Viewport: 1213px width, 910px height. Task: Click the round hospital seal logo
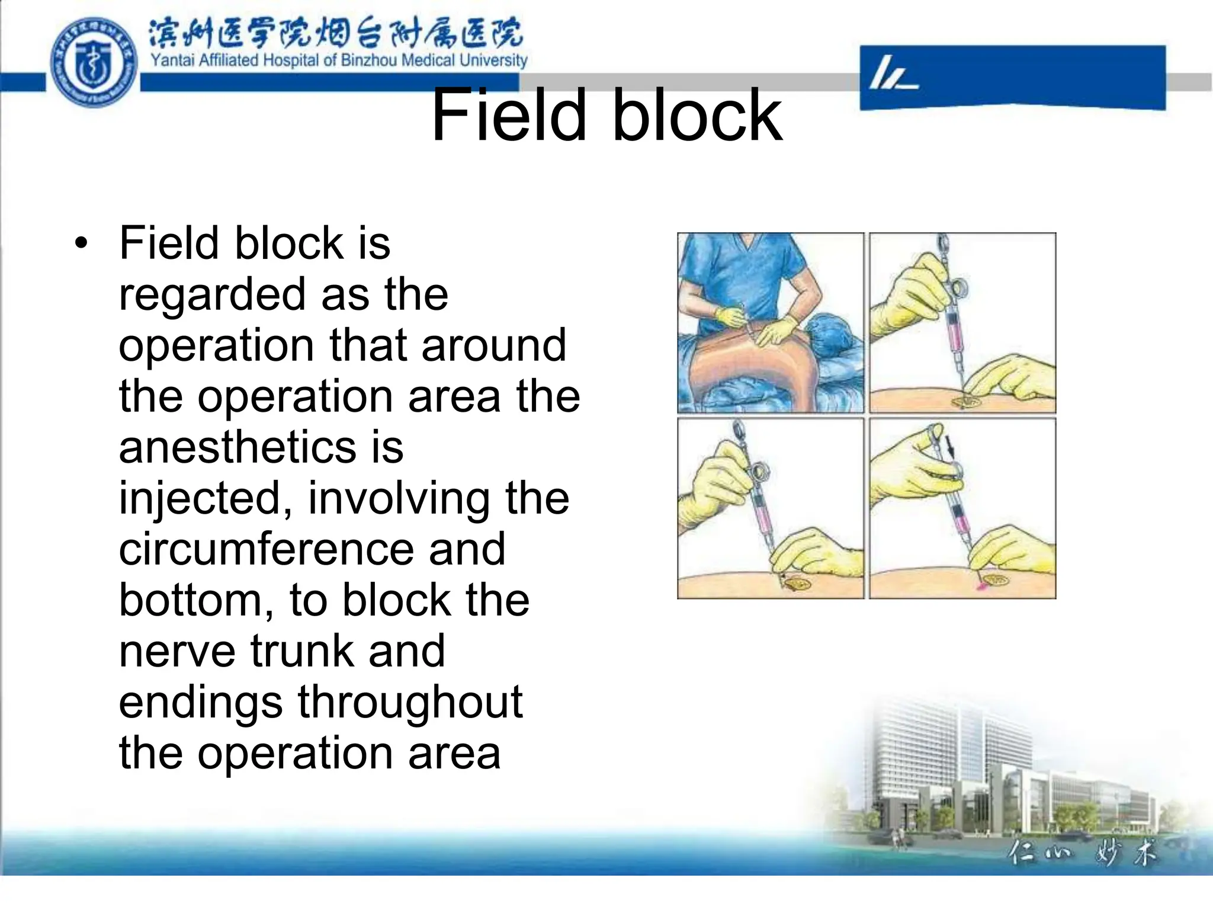click(94, 62)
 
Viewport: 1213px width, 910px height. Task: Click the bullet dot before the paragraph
click(81, 243)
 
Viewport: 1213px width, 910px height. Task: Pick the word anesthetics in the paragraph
click(238, 447)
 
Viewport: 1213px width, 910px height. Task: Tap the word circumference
click(267, 549)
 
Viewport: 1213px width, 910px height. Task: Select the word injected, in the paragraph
click(206, 498)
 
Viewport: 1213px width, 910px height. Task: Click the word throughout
click(410, 702)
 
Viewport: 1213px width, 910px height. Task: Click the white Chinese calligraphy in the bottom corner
click(1082, 854)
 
